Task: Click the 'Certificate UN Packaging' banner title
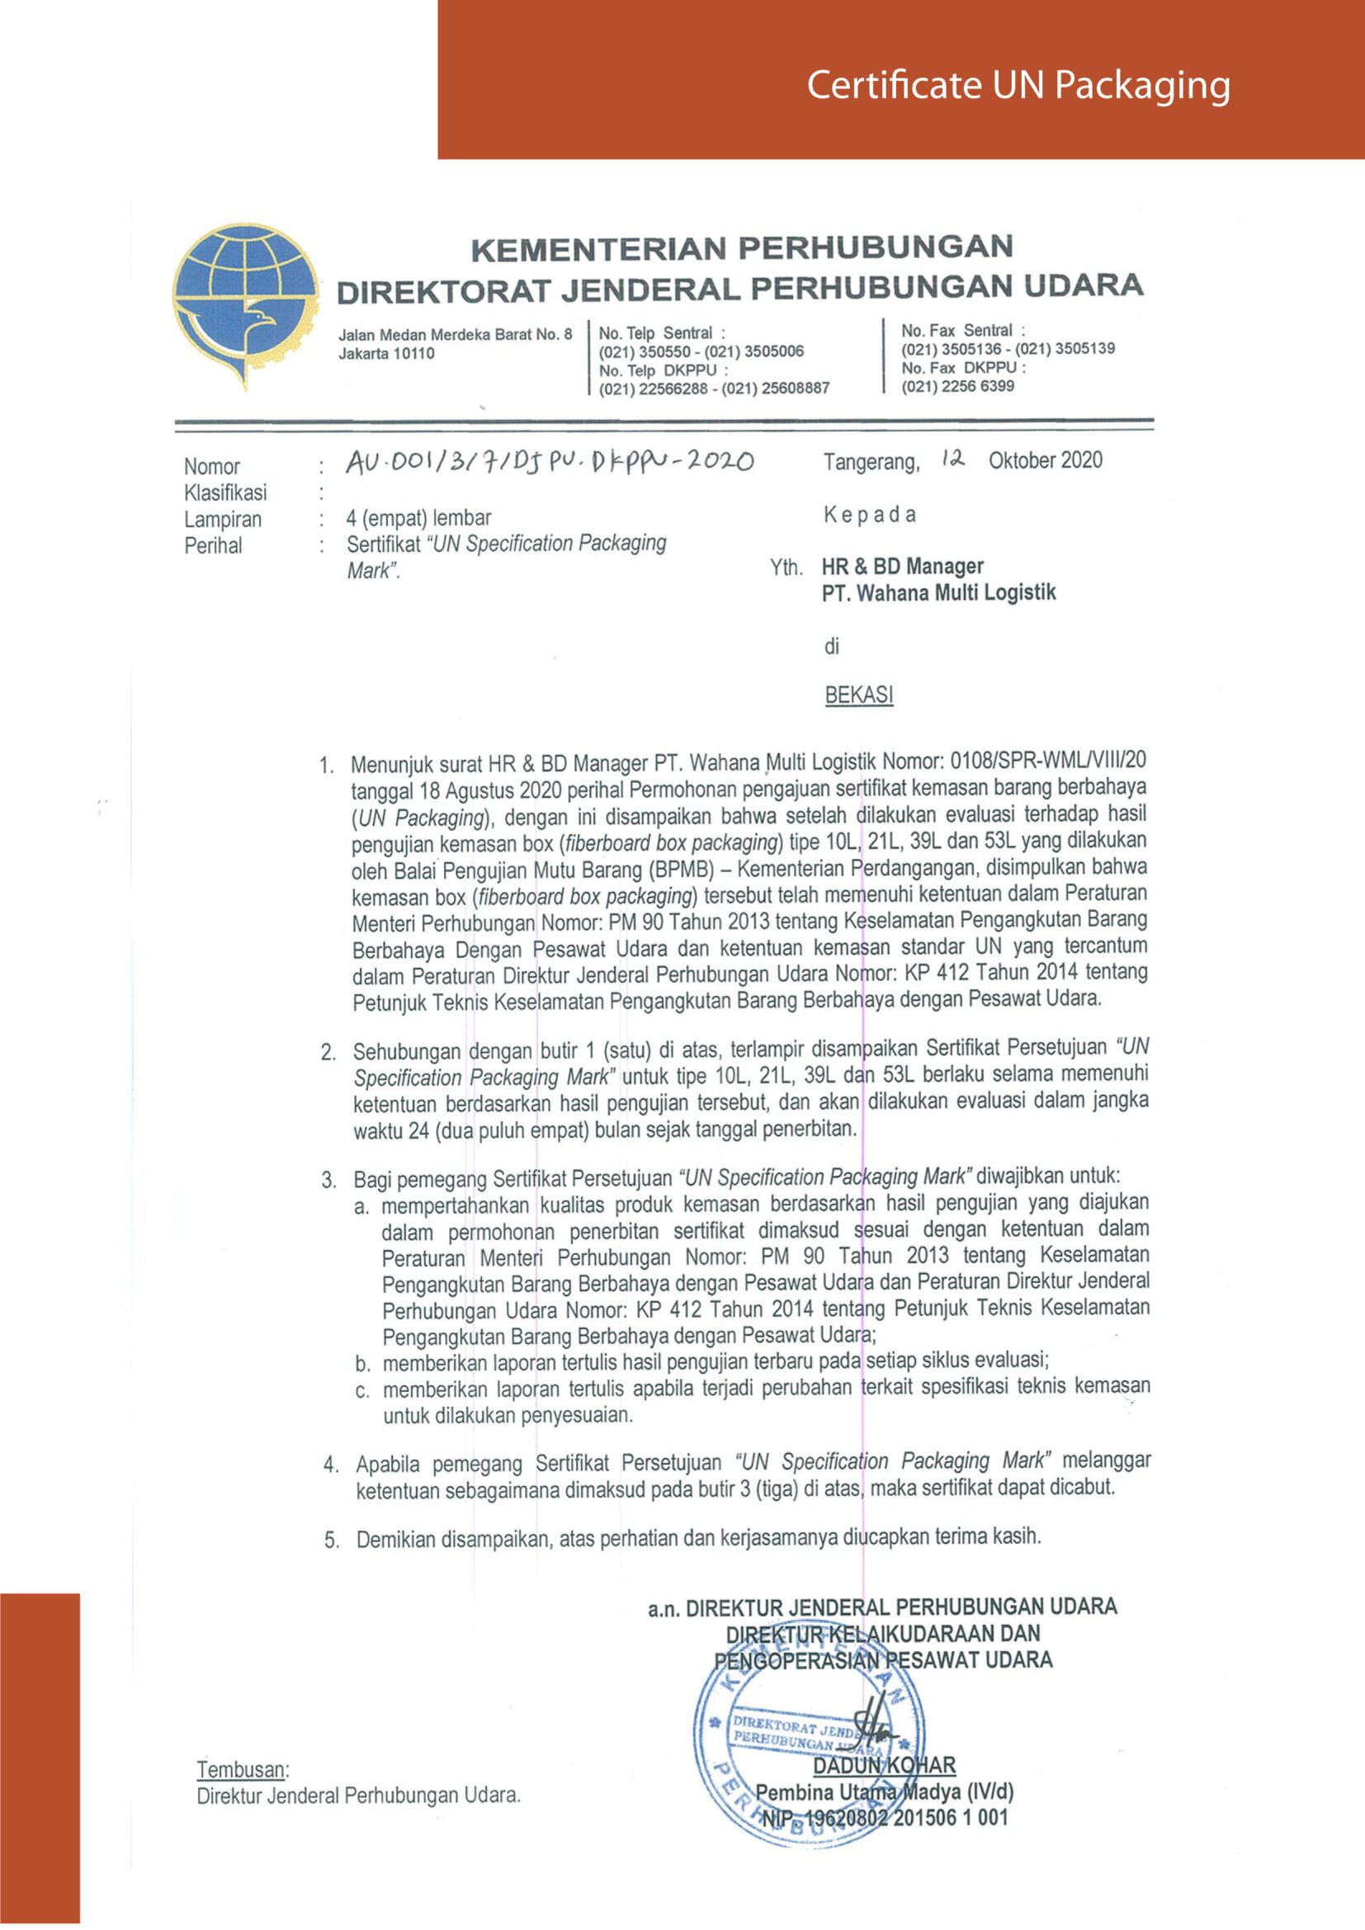(x=1018, y=86)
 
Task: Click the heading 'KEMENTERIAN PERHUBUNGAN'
(x=741, y=248)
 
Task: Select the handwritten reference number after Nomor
(x=550, y=461)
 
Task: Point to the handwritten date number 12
(x=952, y=459)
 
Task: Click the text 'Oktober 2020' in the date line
(x=1045, y=460)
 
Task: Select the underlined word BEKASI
(x=858, y=695)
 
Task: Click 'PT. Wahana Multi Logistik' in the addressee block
(x=938, y=593)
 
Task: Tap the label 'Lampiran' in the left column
(x=223, y=520)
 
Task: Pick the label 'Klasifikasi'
(x=225, y=493)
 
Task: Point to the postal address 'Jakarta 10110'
(x=386, y=353)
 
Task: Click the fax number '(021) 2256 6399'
(x=957, y=386)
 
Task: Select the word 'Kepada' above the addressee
(x=869, y=514)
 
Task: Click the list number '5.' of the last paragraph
(x=332, y=1541)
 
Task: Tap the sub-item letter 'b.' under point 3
(x=362, y=1363)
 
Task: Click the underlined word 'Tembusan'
(x=241, y=1769)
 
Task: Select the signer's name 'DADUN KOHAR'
(x=884, y=1766)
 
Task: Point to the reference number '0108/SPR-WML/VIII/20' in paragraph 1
(x=1047, y=761)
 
